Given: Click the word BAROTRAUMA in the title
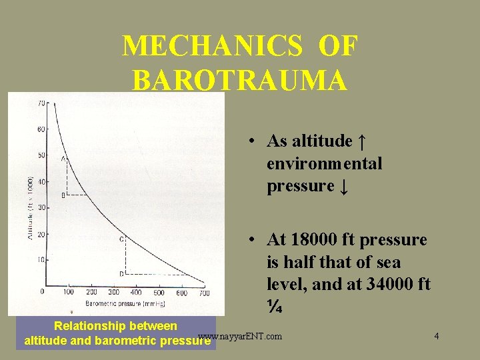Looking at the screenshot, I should pos(240,79).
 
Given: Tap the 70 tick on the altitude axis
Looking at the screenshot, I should pos(43,104).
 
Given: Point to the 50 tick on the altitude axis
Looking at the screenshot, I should pos(43,155).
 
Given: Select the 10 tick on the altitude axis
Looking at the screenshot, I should pos(43,259).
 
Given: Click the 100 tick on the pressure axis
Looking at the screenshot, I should pos(68,292).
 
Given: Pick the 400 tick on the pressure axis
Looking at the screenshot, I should pos(136,292).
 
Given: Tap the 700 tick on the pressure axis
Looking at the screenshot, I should pos(204,293).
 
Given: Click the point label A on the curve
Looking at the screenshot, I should pos(63,159).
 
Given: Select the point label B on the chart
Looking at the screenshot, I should pos(63,195).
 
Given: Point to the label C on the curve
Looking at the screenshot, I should pos(121,239).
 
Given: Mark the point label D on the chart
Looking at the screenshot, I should pos(121,273).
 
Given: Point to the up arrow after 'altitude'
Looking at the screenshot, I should pos(361,141).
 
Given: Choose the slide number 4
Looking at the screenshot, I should pos(436,336).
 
